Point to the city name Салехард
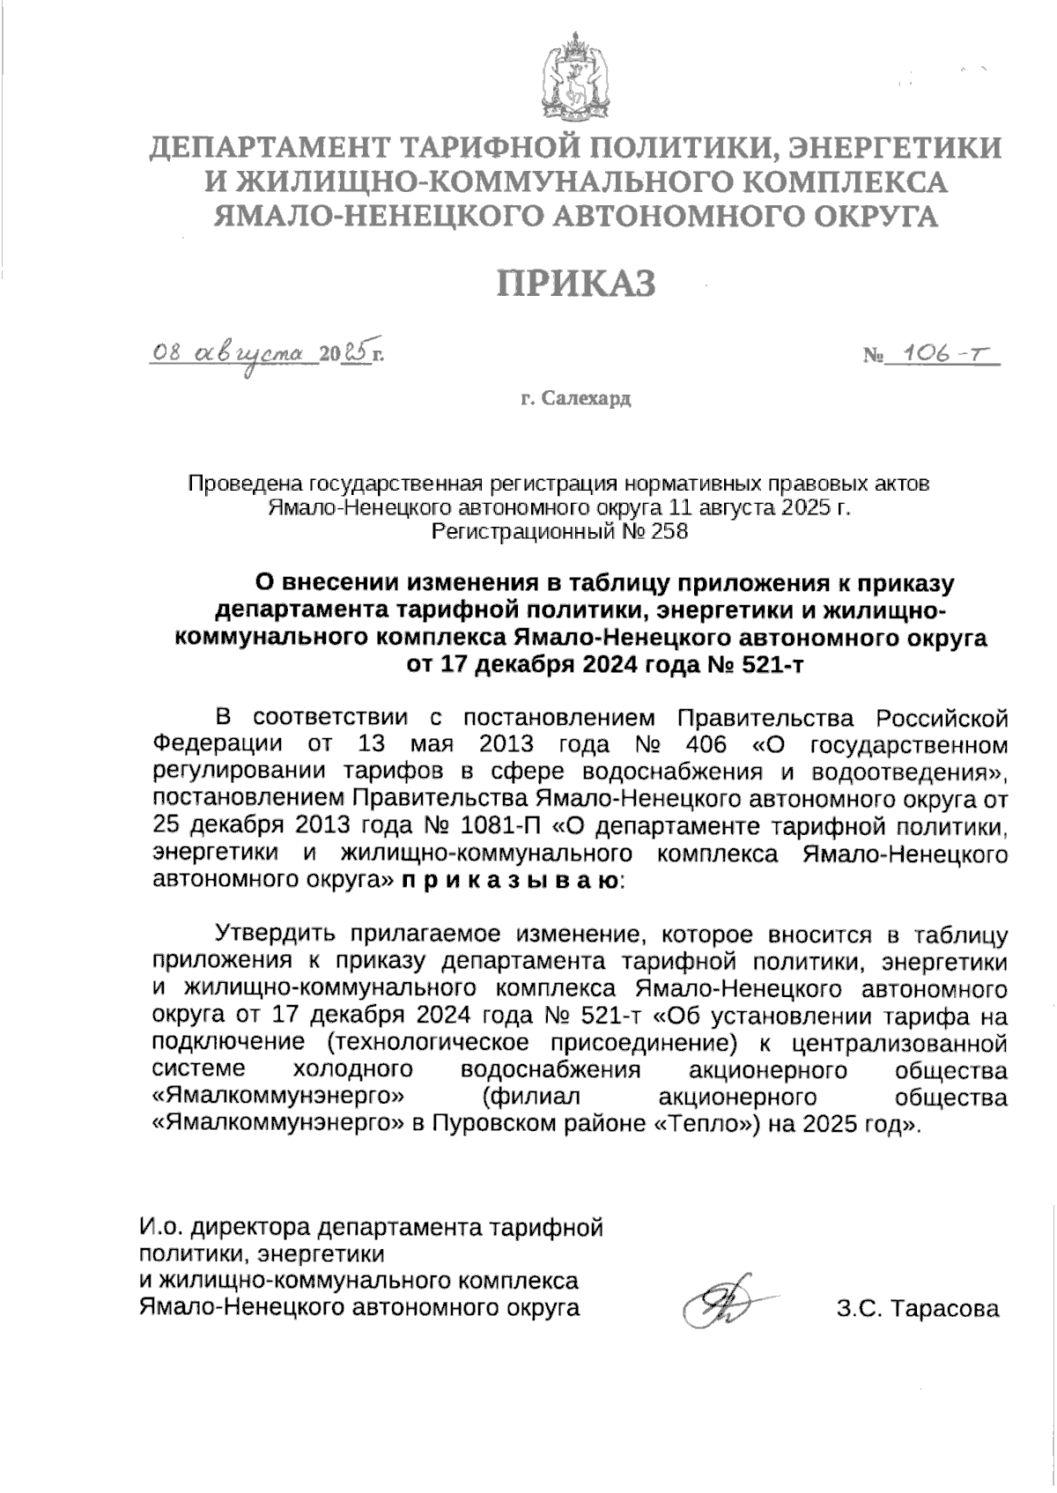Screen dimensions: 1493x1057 pyautogui.click(x=588, y=399)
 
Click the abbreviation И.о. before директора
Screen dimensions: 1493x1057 pyautogui.click(x=160, y=1226)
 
